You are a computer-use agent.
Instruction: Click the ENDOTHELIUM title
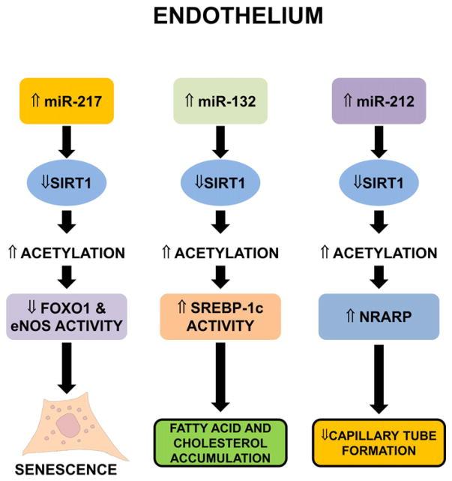[x=225, y=17]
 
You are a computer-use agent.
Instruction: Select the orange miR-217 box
[x=68, y=99]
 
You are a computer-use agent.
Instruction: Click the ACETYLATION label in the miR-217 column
[x=68, y=254]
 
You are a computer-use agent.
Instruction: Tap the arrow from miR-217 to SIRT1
[x=68, y=140]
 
